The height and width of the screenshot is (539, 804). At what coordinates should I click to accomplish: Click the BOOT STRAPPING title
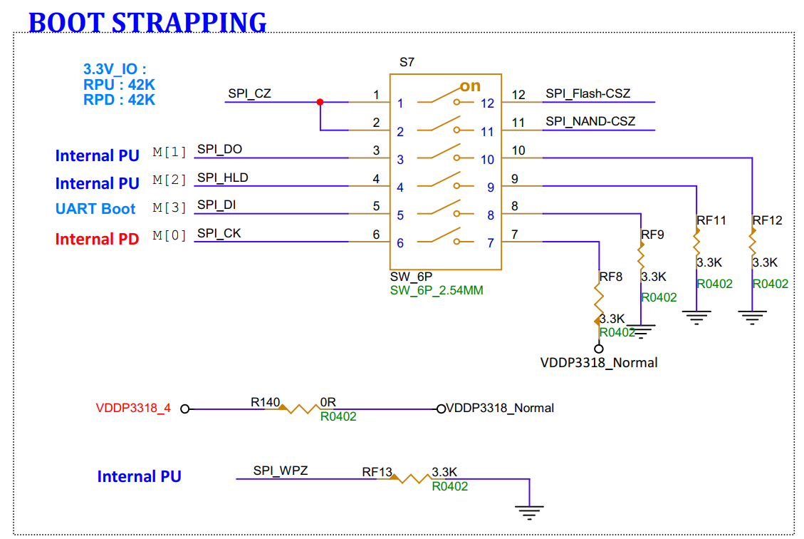coord(147,22)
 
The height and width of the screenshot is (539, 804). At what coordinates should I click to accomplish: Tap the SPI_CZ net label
coord(249,93)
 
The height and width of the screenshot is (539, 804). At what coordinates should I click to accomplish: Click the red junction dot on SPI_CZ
coord(320,102)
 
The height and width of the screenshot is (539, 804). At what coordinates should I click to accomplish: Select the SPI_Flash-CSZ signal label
coord(588,93)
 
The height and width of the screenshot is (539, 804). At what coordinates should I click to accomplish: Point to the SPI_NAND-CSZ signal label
coord(590,121)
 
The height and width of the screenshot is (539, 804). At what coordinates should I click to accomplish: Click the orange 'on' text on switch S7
coord(470,86)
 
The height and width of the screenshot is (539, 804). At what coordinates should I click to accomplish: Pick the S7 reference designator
coord(407,62)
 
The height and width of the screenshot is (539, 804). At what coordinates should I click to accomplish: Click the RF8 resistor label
coord(611,277)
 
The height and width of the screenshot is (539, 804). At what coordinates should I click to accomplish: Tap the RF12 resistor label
coord(767,220)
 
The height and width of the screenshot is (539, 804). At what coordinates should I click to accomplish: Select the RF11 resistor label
coord(711,220)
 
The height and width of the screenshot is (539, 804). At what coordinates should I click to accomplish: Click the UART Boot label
coord(95,209)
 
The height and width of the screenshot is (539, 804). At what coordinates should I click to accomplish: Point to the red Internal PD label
coord(97,240)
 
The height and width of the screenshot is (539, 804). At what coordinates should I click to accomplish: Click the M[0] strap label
coord(169,235)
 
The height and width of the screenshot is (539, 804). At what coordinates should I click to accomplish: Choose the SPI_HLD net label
coord(223,178)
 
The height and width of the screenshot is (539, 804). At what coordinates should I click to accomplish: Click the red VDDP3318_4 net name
coord(133,409)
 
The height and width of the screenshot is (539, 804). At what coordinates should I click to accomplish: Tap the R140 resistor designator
coord(265,402)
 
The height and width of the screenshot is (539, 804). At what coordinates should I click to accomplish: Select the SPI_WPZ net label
coord(281,471)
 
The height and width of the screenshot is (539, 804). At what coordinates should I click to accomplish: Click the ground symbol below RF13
coord(529,510)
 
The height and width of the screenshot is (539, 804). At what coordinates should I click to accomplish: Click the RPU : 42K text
coord(119,85)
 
